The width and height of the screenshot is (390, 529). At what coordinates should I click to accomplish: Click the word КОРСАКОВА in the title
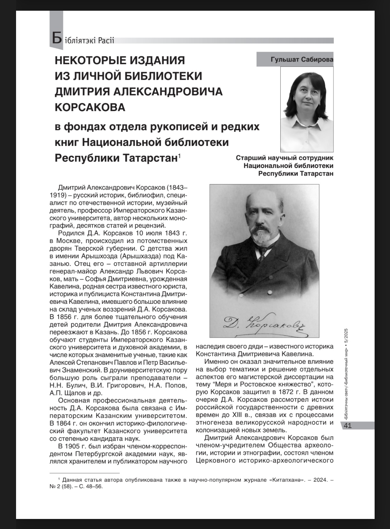pyautogui.click(x=90, y=107)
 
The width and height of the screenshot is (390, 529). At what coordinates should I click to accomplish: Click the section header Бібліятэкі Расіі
pyautogui.click(x=83, y=40)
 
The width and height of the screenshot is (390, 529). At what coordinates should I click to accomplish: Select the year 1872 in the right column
pyautogui.click(x=286, y=392)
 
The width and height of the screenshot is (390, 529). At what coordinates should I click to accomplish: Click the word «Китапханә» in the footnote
pyautogui.click(x=289, y=480)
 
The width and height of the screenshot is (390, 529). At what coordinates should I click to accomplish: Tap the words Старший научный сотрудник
pyautogui.click(x=285, y=158)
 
